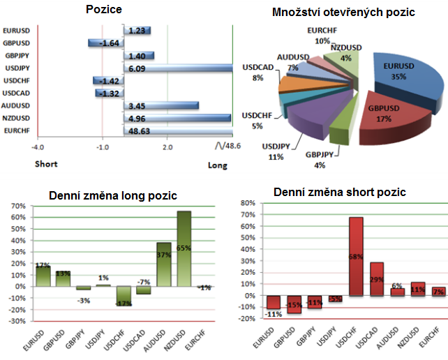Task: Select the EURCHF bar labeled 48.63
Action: pyautogui.click(x=178, y=130)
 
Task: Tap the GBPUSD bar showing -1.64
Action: pyautogui.click(x=106, y=43)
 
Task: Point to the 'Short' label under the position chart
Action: pyautogui.click(x=46, y=165)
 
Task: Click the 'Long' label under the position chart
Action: pyautogui.click(x=217, y=165)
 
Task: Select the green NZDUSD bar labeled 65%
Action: pyautogui.click(x=184, y=248)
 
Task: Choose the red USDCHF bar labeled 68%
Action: pyautogui.click(x=356, y=256)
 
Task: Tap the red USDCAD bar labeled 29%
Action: pyautogui.click(x=376, y=279)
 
